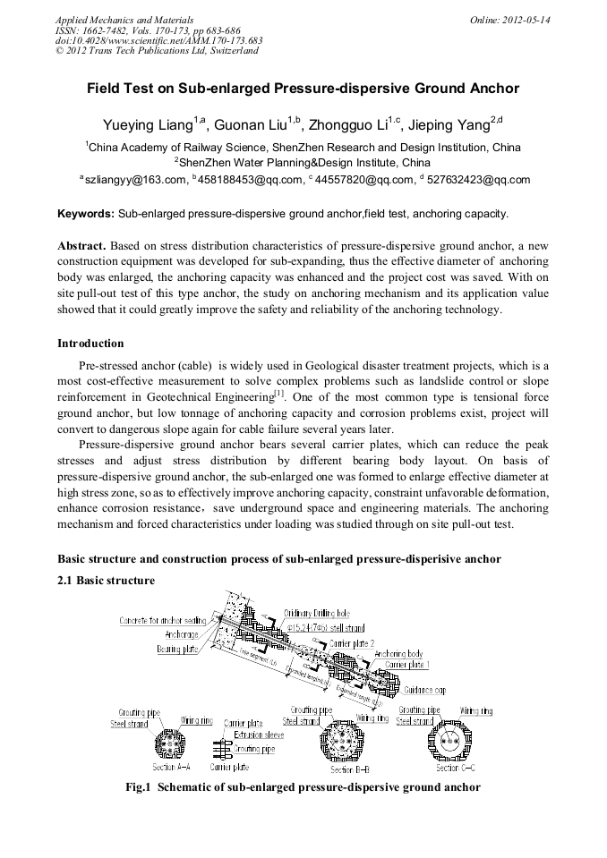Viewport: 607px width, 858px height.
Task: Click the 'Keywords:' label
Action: (86, 215)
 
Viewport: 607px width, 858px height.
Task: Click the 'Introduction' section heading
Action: (90, 344)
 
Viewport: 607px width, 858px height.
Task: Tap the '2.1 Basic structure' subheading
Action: (106, 581)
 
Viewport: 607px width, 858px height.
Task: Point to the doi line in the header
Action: (159, 41)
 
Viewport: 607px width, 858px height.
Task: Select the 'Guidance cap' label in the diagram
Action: (424, 690)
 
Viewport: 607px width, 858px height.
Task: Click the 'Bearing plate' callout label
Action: (177, 649)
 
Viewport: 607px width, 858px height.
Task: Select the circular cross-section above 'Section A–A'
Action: (170, 743)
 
